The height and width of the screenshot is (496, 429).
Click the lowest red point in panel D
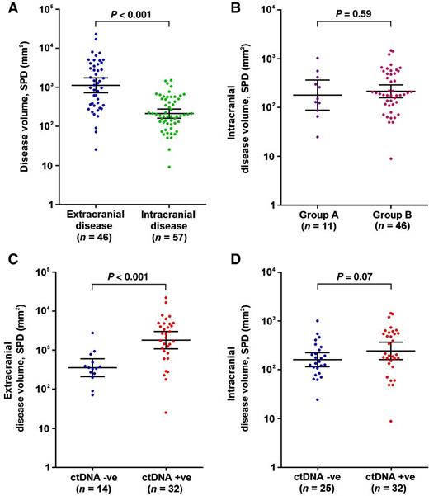(380, 421)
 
